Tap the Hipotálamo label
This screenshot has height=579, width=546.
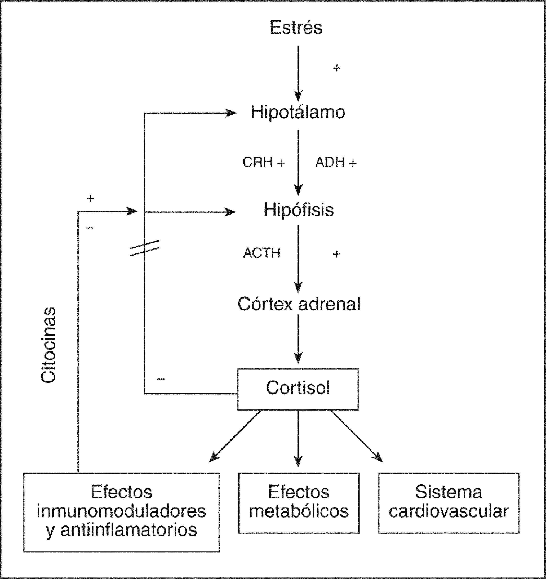(x=298, y=112)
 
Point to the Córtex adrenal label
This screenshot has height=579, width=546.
(x=299, y=304)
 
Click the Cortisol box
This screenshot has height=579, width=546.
(x=298, y=389)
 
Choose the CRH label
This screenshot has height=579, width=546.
(x=258, y=162)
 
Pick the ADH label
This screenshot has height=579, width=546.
(x=330, y=162)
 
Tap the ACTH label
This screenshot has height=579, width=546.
(x=262, y=253)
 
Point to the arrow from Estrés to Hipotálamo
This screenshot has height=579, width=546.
(x=298, y=73)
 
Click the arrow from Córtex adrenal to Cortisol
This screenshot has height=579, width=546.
(x=298, y=339)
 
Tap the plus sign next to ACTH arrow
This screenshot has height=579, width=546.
(x=337, y=254)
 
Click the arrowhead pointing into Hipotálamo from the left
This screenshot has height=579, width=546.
(x=231, y=113)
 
